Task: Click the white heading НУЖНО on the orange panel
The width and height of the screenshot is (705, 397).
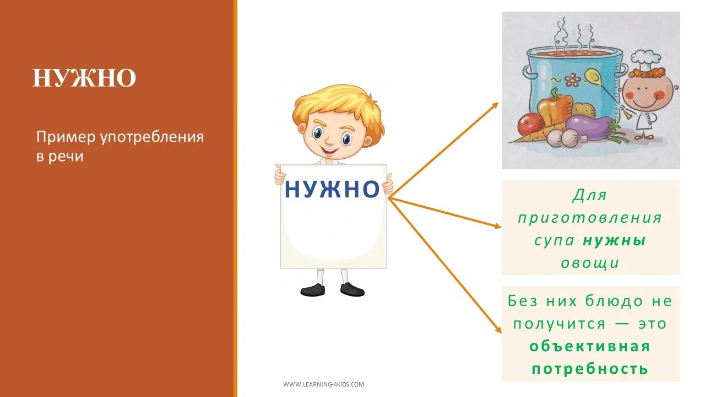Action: [x=84, y=79]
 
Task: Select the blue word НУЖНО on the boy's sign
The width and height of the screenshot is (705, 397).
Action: [x=332, y=190]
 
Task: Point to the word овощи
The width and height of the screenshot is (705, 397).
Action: [x=590, y=264]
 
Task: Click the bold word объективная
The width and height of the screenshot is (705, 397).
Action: [x=590, y=346]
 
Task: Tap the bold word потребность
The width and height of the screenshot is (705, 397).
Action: [x=590, y=368]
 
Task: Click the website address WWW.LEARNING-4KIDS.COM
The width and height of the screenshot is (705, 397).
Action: [x=323, y=384]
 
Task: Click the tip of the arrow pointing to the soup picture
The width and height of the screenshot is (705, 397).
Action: [x=497, y=103]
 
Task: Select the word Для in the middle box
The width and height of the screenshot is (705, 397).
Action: [x=590, y=195]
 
